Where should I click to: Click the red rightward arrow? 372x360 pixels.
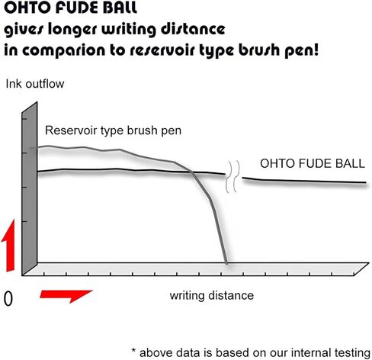66,296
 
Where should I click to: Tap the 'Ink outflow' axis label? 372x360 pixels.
35,84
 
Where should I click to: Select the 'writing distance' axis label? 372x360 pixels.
212,296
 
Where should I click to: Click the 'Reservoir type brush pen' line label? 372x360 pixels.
113,130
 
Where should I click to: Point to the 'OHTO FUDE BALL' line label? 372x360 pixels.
313,163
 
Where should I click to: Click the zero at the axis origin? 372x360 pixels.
8,299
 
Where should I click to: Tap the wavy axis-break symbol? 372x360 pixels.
232,177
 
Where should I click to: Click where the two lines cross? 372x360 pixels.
193,172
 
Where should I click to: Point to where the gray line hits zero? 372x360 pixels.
226,263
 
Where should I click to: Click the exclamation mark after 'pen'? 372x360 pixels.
316,49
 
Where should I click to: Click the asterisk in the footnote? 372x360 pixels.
134,351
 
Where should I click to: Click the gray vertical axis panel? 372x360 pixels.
30,188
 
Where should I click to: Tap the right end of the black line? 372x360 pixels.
366,182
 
